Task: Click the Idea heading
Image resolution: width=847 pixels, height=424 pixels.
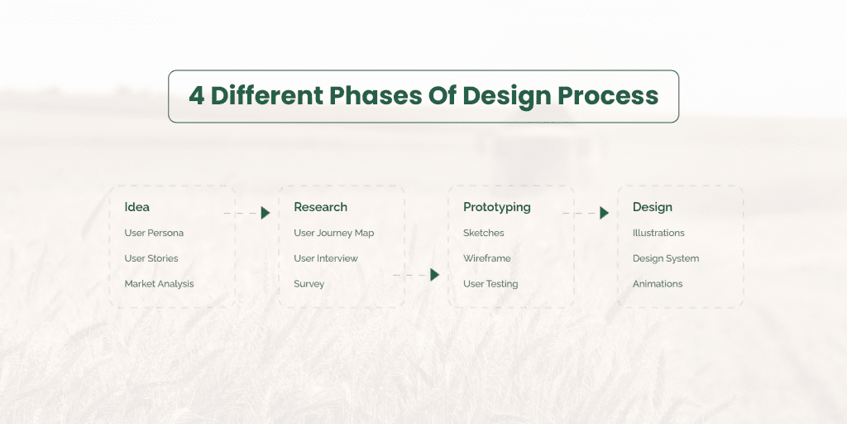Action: [x=137, y=207]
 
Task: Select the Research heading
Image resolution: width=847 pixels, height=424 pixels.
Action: [x=320, y=207]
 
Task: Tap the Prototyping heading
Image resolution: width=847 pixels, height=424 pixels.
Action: [x=496, y=207]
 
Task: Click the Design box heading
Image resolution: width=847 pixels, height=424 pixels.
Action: [x=652, y=207]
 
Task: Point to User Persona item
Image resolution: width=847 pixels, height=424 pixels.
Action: [x=154, y=233]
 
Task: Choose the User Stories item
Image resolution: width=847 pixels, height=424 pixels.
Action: [x=151, y=258]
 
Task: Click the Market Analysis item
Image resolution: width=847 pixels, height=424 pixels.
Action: [x=159, y=283]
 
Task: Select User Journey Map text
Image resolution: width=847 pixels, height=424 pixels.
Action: [x=333, y=233]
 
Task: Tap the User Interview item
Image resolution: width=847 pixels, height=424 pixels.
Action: [x=326, y=258]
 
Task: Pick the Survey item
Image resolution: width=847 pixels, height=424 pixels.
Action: [x=309, y=283]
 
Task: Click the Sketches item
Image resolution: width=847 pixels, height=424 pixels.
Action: [x=483, y=233]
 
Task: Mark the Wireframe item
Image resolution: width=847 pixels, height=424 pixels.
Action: [x=486, y=258]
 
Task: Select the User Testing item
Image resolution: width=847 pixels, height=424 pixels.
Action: [x=490, y=283]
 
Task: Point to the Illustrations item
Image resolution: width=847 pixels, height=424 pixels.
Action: [x=658, y=233]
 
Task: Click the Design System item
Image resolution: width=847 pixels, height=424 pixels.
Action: [x=666, y=258]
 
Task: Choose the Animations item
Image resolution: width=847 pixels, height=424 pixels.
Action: [x=658, y=283]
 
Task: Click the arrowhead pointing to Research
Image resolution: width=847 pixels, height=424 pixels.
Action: [x=266, y=213]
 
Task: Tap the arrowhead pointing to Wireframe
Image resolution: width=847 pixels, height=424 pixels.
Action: [x=435, y=275]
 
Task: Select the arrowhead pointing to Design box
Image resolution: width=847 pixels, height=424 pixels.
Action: [x=604, y=213]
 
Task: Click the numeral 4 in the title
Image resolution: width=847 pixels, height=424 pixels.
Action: [x=196, y=96]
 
